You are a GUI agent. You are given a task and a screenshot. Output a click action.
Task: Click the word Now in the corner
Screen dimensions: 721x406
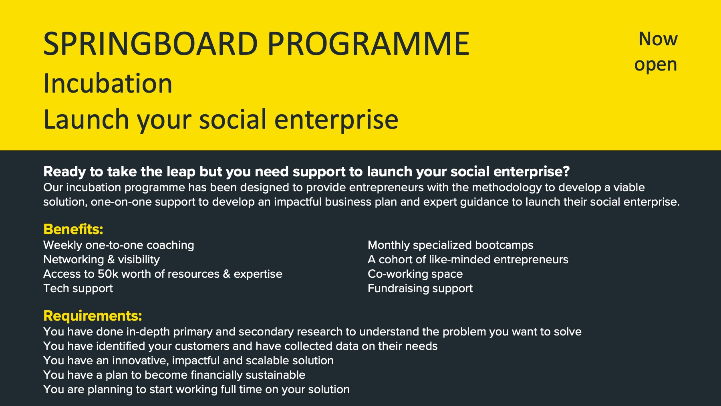658,39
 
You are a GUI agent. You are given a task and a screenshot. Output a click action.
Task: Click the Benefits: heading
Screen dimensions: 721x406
73,229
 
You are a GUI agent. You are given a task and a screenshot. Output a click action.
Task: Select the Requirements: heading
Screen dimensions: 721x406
93,316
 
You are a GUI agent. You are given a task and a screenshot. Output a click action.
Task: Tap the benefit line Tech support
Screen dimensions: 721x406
78,289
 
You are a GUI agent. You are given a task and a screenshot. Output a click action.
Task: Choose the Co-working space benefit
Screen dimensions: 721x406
415,274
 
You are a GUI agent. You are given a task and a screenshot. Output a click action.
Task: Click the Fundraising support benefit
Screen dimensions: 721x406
420,289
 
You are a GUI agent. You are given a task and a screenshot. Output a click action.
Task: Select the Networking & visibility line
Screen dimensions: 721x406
101,260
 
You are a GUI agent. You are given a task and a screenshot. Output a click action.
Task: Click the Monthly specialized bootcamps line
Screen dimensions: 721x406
451,245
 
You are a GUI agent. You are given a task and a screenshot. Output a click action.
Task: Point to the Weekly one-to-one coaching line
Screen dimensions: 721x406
119,245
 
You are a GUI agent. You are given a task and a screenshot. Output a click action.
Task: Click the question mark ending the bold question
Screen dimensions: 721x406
566,172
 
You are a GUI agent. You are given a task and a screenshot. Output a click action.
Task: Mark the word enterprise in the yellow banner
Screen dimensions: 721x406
336,120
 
